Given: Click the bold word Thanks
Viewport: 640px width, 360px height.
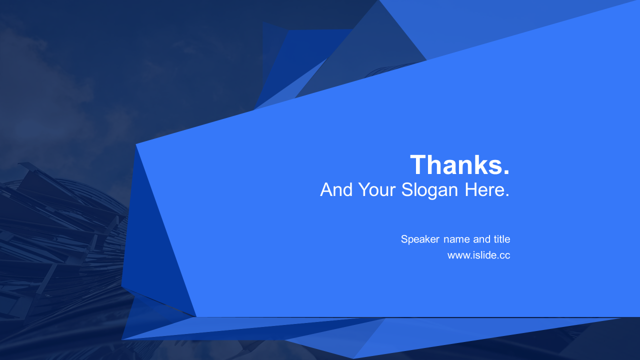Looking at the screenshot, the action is click(456, 164).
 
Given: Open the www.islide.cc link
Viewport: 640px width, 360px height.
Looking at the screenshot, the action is click(479, 255).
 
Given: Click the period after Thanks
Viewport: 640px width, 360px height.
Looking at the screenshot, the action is click(506, 171).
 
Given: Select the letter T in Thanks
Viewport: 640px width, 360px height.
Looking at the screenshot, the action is click(418, 164).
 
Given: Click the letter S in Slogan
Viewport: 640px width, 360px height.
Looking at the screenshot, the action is click(407, 189).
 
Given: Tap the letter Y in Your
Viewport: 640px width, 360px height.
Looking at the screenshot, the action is click(364, 189).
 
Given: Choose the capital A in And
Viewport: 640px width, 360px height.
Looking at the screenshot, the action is click(326, 189).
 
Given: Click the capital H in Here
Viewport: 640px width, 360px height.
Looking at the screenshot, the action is click(471, 189).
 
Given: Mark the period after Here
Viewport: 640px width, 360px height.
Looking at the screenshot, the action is click(507, 195).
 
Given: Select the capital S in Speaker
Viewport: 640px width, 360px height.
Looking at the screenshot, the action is click(404, 239).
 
